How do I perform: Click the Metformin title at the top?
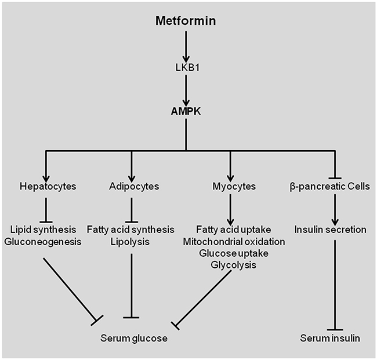pyautogui.click(x=185, y=21)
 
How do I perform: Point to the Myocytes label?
pyautogui.click(x=231, y=188)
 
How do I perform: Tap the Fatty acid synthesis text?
pyautogui.click(x=133, y=230)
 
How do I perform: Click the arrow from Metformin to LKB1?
pyautogui.click(x=186, y=45)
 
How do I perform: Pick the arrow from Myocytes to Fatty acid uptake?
pyautogui.click(x=231, y=209)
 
